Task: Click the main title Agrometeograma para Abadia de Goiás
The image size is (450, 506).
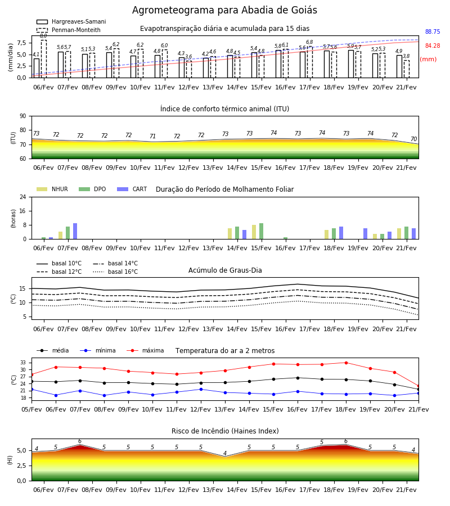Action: [x=224, y=10]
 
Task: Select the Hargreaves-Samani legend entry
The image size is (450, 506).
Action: [x=71, y=21]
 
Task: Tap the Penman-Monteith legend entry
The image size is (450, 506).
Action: [x=69, y=30]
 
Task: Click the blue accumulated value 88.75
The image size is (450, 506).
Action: [x=433, y=31]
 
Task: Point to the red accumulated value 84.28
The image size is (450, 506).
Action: [x=433, y=46]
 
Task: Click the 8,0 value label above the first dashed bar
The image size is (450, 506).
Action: [x=43, y=36]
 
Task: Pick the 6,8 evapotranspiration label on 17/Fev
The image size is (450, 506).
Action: [x=309, y=42]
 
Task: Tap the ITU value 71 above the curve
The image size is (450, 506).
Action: [x=152, y=136]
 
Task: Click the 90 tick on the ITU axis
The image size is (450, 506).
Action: [x=23, y=116]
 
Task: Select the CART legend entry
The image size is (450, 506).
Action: [x=132, y=189]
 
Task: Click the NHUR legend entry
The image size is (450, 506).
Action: [x=52, y=189]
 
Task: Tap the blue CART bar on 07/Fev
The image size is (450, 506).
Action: [x=75, y=231]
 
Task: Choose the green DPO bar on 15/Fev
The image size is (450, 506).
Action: [x=261, y=231]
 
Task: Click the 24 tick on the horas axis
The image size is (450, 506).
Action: [x=23, y=197]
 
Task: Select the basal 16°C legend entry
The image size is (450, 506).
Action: [x=115, y=272]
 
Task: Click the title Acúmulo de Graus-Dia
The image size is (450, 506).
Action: [x=225, y=270]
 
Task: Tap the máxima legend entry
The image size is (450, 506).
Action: [x=145, y=350]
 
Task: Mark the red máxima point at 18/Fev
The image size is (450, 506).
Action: [x=346, y=363]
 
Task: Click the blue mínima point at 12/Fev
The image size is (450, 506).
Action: [x=201, y=390]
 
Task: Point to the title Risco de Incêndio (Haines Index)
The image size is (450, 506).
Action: [x=225, y=431]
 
